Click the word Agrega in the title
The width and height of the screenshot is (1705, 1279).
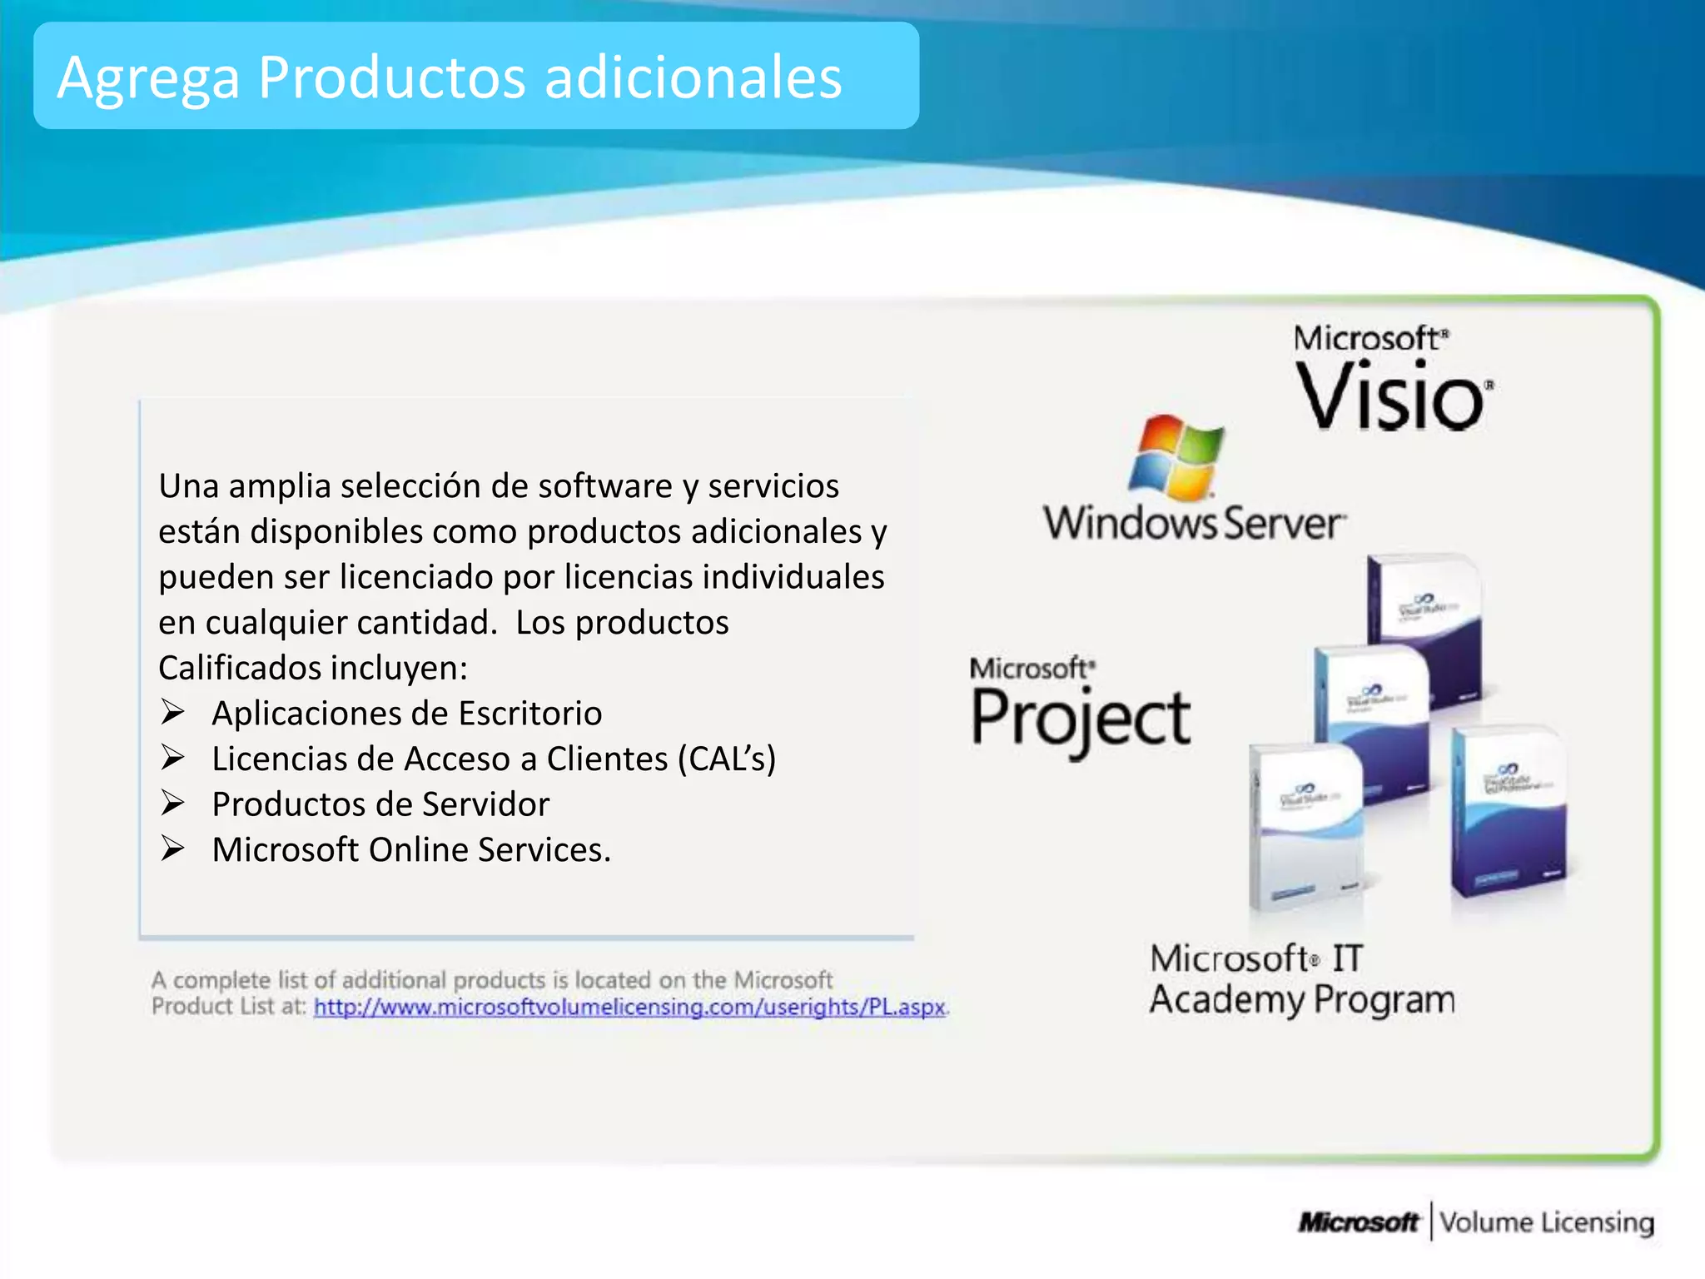[148, 79]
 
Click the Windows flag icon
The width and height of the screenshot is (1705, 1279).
[1176, 457]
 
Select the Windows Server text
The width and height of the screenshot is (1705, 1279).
[1194, 524]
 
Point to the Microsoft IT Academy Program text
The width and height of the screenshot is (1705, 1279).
[1301, 979]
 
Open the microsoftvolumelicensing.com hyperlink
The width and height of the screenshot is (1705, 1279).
[629, 1007]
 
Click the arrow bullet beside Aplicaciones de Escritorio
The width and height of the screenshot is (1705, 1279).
[172, 713]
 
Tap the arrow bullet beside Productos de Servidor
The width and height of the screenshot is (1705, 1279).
[172, 804]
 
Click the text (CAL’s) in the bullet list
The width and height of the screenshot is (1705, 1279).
[727, 759]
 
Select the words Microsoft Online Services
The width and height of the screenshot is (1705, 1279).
[410, 849]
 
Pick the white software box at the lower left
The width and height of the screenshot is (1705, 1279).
[1304, 824]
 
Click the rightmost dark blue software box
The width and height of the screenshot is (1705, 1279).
[1508, 812]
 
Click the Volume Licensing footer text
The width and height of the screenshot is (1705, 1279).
[1547, 1222]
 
